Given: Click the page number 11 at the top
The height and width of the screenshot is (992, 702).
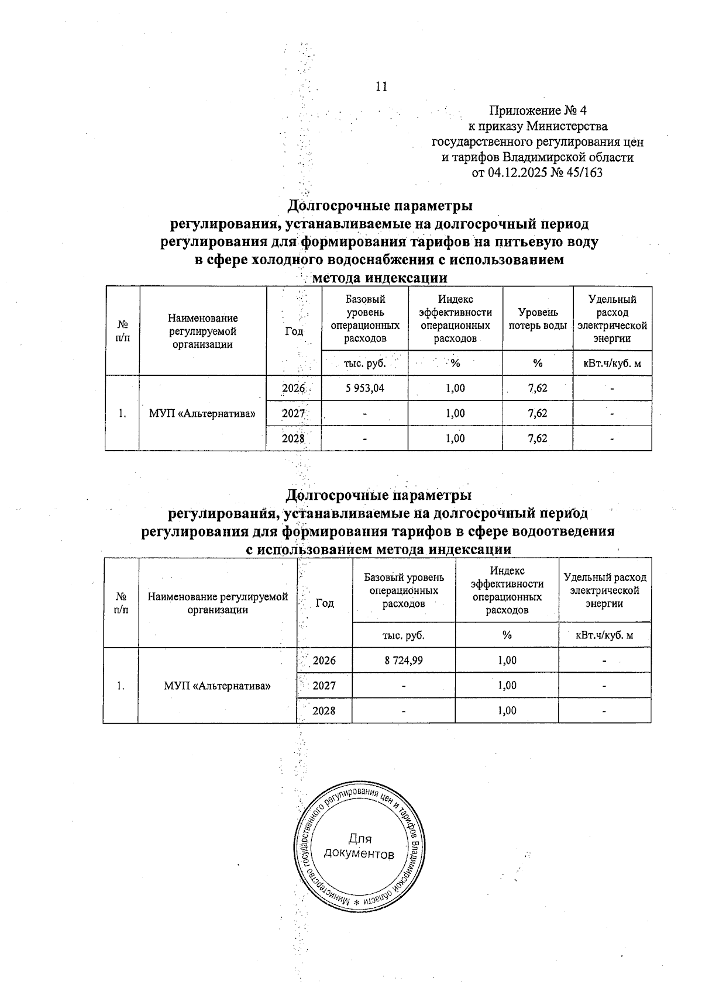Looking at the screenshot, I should tap(381, 87).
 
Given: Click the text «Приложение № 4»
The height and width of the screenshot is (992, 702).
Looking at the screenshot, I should tap(538, 110).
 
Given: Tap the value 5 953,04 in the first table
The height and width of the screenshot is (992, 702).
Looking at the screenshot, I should tap(364, 388).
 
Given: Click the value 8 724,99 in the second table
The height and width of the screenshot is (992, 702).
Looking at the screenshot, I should tap(404, 660).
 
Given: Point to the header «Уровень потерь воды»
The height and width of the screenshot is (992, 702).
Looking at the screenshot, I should tap(537, 319).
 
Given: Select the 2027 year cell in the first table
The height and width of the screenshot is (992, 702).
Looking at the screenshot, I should tap(294, 413).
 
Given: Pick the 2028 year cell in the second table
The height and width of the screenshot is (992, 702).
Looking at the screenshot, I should tap(324, 710).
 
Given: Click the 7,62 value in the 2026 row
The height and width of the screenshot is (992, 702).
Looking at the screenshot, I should tap(537, 388).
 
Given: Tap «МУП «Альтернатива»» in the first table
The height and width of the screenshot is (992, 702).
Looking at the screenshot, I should tap(202, 413).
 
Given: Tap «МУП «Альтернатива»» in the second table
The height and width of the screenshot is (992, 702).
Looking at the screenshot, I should tap(218, 685).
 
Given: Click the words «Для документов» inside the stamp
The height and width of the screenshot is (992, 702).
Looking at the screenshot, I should tap(359, 846).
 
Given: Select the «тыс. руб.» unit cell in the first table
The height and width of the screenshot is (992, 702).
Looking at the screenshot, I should tap(364, 363).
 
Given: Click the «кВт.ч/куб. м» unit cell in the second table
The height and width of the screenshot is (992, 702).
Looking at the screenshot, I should tap(604, 635).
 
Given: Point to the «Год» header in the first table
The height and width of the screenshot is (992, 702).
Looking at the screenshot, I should tap(294, 331).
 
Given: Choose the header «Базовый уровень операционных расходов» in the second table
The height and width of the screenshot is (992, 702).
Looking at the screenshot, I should tap(404, 590).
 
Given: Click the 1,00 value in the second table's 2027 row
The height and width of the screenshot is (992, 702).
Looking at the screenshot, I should tap(507, 685).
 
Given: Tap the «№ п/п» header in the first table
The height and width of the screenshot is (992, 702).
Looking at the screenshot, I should tap(122, 331).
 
